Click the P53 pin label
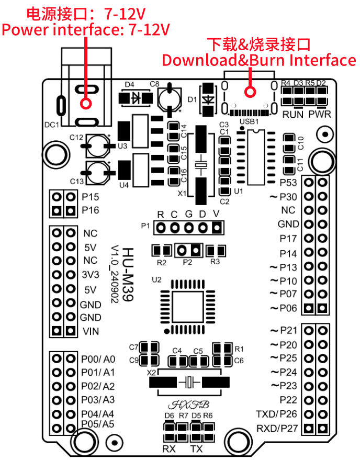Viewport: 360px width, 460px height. click(x=288, y=183)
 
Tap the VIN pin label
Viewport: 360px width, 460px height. click(x=91, y=331)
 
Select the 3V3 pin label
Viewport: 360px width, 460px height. click(x=91, y=274)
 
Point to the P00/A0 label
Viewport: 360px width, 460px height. click(x=98, y=360)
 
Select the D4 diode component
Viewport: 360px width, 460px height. click(x=136, y=97)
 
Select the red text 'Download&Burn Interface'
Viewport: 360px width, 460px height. click(x=258, y=60)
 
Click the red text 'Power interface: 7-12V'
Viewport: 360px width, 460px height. click(x=86, y=29)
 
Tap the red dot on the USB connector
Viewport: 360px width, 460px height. click(x=251, y=93)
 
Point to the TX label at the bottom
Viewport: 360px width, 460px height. click(x=197, y=449)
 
